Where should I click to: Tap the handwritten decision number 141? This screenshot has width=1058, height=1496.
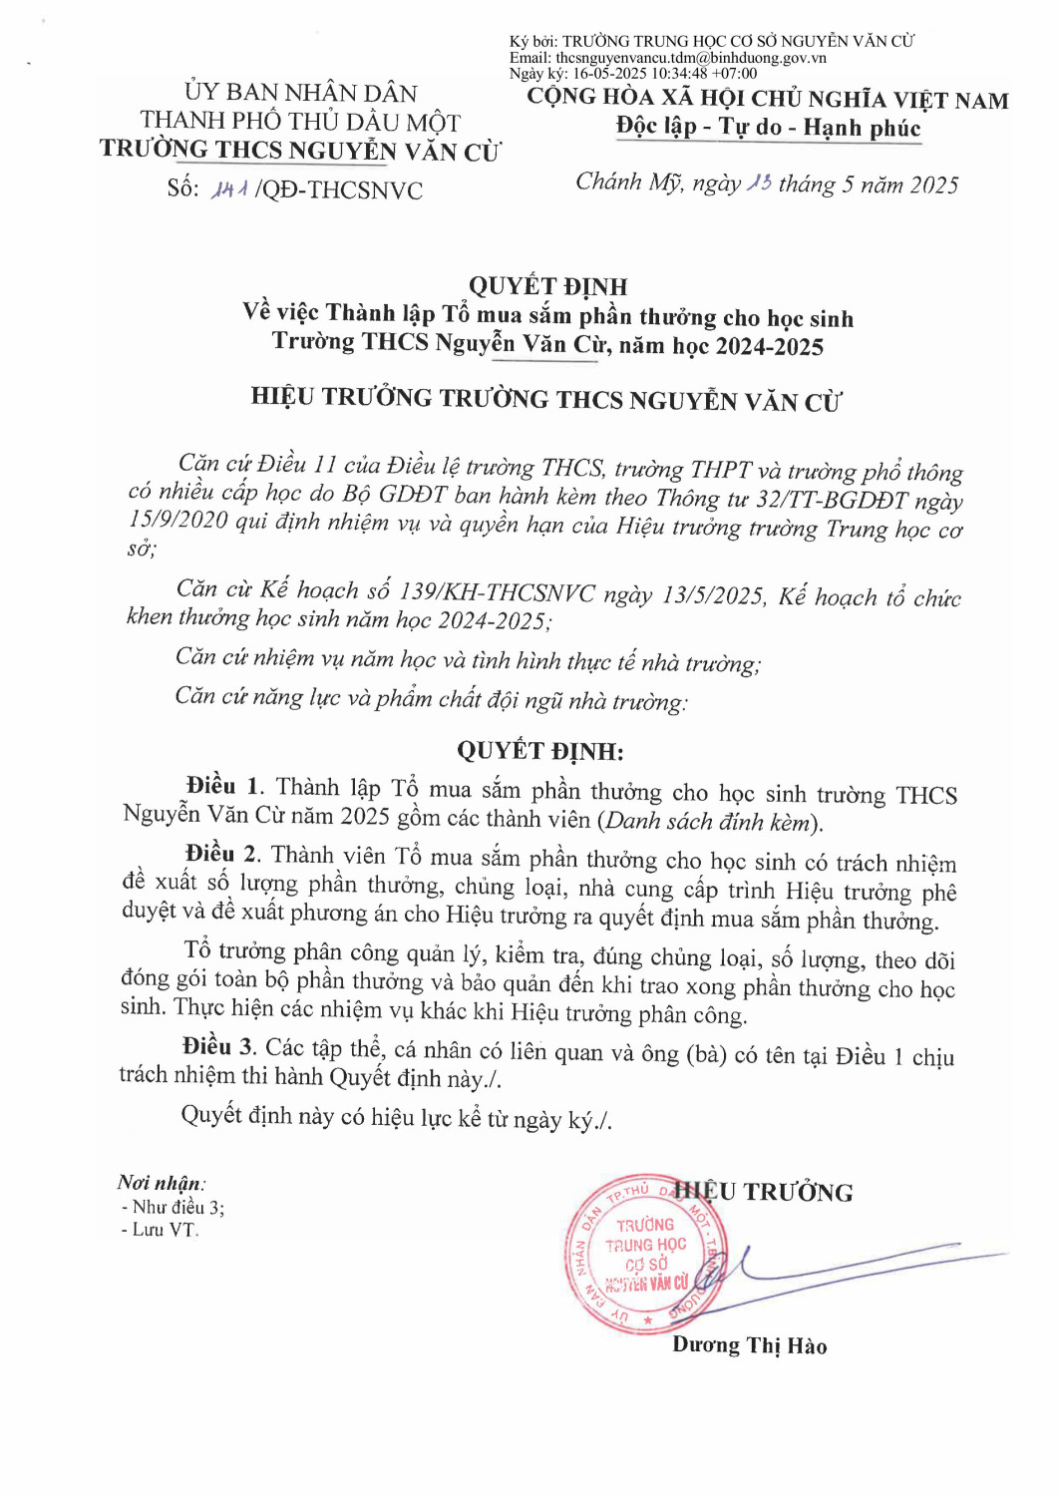(228, 188)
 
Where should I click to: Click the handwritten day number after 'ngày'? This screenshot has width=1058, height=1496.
(759, 183)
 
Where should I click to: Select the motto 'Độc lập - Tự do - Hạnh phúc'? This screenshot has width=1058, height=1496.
(768, 128)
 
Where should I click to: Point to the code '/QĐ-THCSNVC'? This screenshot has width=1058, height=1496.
(339, 190)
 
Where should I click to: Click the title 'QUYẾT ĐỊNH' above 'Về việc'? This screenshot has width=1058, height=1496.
(547, 286)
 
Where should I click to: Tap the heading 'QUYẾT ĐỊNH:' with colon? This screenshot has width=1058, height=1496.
(539, 751)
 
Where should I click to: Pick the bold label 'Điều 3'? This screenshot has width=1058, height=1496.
(218, 1046)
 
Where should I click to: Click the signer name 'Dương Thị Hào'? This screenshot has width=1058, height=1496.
(749, 1345)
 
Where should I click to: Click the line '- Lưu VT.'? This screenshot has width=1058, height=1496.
(160, 1230)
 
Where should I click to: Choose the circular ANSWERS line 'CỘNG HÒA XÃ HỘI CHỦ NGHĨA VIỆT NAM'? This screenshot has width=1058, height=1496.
(768, 99)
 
